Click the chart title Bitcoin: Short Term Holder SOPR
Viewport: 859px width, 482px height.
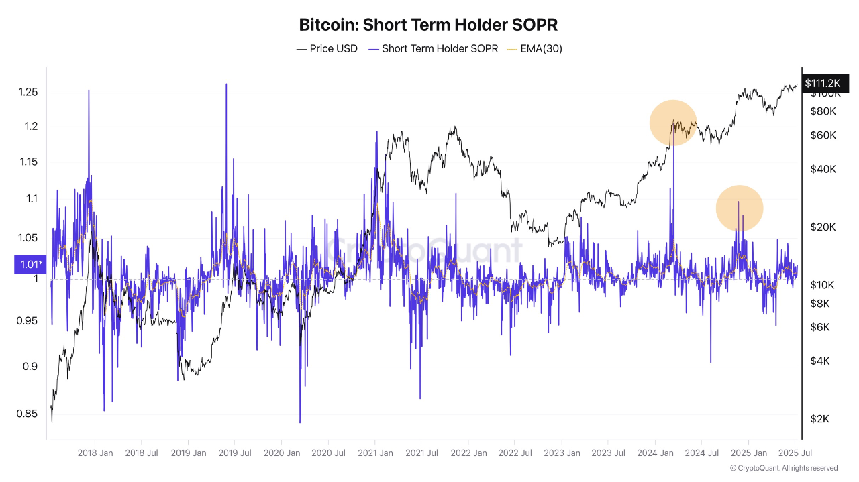click(429, 25)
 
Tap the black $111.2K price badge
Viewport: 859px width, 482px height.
click(821, 82)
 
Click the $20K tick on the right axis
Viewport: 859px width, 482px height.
click(823, 227)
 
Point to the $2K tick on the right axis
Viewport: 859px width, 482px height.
click(820, 418)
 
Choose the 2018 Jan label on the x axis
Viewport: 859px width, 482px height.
click(95, 453)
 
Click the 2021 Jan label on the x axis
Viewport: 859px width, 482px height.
click(375, 453)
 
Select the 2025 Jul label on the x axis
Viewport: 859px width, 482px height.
click(795, 453)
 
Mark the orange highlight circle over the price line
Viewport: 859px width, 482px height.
click(673, 123)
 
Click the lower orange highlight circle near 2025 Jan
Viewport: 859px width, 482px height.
click(740, 208)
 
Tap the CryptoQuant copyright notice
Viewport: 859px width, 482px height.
click(783, 468)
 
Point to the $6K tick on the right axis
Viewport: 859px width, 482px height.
click(820, 327)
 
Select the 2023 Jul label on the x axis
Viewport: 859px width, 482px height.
click(608, 453)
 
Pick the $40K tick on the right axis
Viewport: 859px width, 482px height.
click(823, 169)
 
